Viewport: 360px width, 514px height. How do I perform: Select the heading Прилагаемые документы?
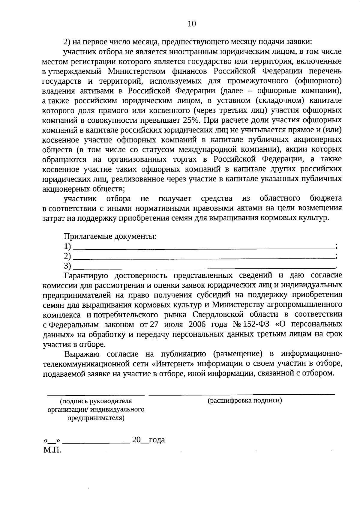coord(110,236)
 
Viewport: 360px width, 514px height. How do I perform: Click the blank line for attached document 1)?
coord(204,248)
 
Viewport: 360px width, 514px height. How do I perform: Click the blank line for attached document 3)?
coord(204,267)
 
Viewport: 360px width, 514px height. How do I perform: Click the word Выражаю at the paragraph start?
coord(80,354)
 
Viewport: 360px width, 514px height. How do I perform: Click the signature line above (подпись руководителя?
coord(96,395)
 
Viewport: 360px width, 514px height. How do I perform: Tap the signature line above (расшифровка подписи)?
coord(242,394)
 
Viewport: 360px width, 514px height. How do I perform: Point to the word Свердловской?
coord(217,315)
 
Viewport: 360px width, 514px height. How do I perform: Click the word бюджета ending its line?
coord(326,199)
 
